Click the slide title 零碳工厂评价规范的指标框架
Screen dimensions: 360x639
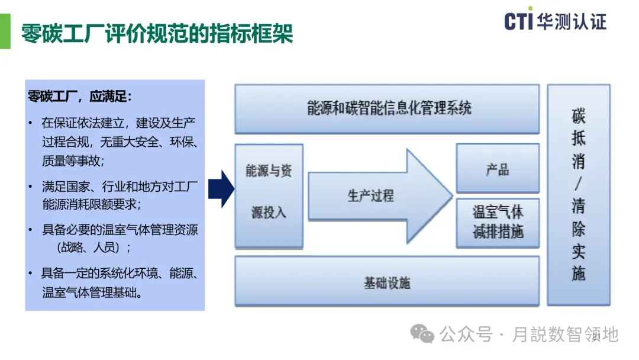157,33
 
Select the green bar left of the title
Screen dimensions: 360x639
5,32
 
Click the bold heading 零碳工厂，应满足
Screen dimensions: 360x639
80,96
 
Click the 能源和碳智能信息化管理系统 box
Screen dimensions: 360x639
387,108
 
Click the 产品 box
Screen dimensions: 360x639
497,169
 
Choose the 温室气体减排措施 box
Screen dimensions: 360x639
497,222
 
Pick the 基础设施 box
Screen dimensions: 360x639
387,282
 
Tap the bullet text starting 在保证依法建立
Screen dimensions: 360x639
118,124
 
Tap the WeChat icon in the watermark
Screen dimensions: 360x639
422,335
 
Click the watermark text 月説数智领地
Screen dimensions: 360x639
565,335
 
